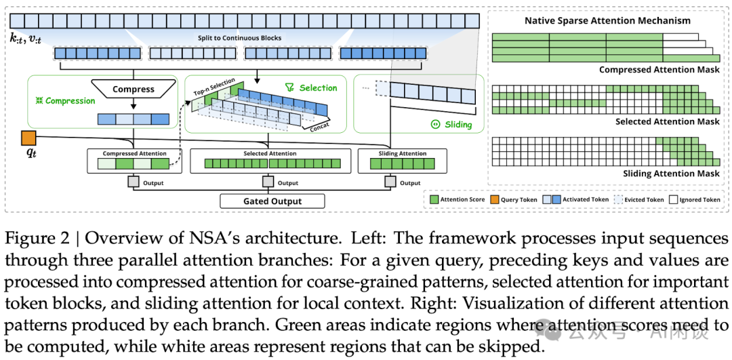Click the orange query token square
coord(28,138)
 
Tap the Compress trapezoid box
coord(134,89)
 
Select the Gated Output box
coord(272,201)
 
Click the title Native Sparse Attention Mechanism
coord(607,20)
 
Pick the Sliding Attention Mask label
coord(671,174)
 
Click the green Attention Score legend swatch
coord(433,199)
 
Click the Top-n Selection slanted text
coord(214,87)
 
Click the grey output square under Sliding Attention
coord(390,182)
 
